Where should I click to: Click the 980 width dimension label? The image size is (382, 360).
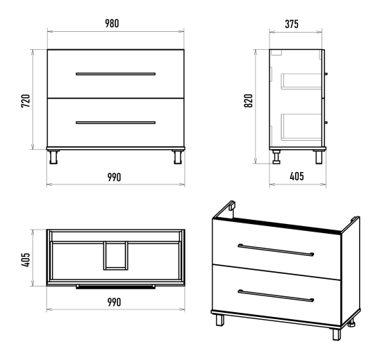pyautogui.click(x=112, y=24)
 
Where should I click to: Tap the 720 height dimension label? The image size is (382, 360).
pyautogui.click(x=26, y=101)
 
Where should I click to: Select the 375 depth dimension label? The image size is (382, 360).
pyautogui.click(x=292, y=24)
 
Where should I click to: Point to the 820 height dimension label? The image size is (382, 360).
pyautogui.click(x=249, y=101)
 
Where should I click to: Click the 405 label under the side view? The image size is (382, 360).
pyautogui.click(x=297, y=176)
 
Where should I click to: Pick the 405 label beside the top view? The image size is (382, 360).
pyautogui.click(x=26, y=259)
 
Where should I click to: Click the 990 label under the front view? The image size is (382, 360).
pyautogui.click(x=114, y=178)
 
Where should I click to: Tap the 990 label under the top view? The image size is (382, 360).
pyautogui.click(x=114, y=302)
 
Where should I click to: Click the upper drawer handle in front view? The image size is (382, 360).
pyautogui.click(x=115, y=74)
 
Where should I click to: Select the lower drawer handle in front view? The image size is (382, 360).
pyautogui.click(x=115, y=123)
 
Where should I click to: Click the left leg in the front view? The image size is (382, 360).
pyautogui.click(x=53, y=157)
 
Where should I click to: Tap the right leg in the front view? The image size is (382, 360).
pyautogui.click(x=178, y=157)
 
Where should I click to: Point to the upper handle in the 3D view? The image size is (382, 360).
pyautogui.click(x=276, y=250)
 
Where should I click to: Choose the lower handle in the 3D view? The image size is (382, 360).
pyautogui.click(x=276, y=295)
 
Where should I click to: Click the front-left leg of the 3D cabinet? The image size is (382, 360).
pyautogui.click(x=219, y=320)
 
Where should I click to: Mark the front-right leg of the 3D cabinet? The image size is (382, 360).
pyautogui.click(x=337, y=334)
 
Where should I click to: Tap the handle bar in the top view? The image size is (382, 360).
pyautogui.click(x=115, y=286)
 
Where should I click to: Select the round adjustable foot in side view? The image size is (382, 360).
pyautogui.click(x=276, y=157)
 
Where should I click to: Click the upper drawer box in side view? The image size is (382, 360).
pyautogui.click(x=301, y=81)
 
